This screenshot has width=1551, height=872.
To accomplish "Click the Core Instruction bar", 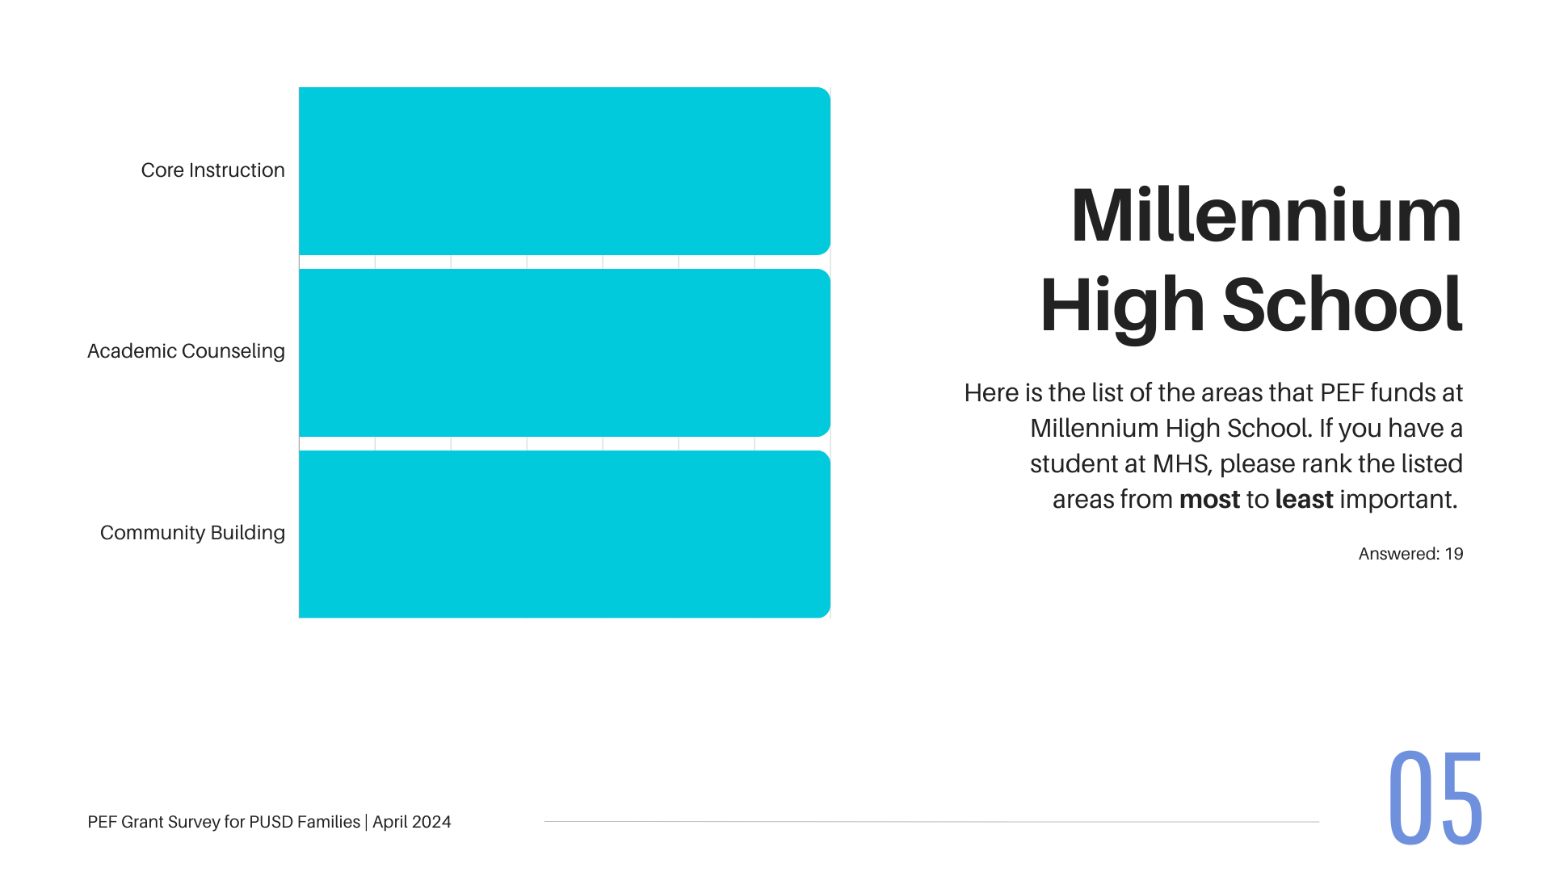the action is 565,171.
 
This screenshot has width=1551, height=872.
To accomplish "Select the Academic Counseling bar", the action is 565,353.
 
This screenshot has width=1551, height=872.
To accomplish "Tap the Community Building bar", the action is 565,535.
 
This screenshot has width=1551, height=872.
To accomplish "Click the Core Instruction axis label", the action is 212,170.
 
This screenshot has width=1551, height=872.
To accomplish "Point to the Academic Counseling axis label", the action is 186,351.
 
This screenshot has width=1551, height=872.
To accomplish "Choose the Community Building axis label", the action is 192,533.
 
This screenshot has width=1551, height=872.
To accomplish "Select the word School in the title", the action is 1342,304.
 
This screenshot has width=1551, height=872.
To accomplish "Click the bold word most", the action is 1209,500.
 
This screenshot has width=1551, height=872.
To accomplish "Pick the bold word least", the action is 1304,499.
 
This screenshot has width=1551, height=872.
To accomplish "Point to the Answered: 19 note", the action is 1410,554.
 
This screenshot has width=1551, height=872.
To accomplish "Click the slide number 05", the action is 1435,798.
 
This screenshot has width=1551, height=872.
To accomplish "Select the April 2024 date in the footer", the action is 411,822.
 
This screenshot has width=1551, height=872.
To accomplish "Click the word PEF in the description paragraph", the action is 1342,393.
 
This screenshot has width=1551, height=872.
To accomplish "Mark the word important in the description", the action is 1398,500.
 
